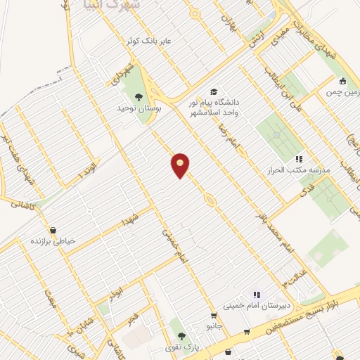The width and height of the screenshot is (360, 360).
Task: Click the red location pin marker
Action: coord(181,165)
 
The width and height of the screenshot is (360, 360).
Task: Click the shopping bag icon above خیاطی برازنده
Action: coord(53,230)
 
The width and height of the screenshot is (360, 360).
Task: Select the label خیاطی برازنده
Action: coord(51,241)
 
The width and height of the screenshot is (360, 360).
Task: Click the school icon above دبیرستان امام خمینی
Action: coord(257,295)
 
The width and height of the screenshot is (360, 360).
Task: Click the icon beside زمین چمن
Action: coord(342,81)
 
